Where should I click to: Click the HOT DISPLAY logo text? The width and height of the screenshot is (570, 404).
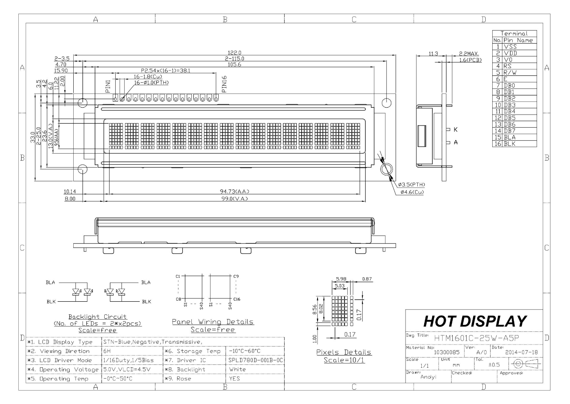(x=475, y=322)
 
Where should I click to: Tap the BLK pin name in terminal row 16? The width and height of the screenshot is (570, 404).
(x=510, y=144)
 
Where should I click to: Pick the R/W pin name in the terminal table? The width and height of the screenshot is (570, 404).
(x=510, y=73)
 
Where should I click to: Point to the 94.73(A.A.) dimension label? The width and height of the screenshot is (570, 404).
(x=235, y=192)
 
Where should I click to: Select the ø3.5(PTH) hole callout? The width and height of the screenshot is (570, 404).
(x=412, y=185)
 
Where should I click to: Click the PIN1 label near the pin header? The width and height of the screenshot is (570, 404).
(x=108, y=86)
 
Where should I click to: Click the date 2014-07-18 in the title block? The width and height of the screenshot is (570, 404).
(x=521, y=352)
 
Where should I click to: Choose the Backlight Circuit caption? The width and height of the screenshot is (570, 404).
(x=98, y=317)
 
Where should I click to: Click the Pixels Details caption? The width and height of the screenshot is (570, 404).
(x=344, y=352)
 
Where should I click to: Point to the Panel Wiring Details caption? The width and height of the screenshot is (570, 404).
(x=213, y=322)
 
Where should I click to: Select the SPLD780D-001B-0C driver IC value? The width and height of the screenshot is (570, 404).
(x=256, y=360)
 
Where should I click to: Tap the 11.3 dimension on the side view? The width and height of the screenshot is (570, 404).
(x=433, y=53)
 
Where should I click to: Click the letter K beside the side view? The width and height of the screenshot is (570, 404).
(x=456, y=130)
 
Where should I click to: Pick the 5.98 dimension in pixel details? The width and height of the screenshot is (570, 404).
(x=341, y=279)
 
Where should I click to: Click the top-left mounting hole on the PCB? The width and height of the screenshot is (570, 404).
(x=82, y=102)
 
